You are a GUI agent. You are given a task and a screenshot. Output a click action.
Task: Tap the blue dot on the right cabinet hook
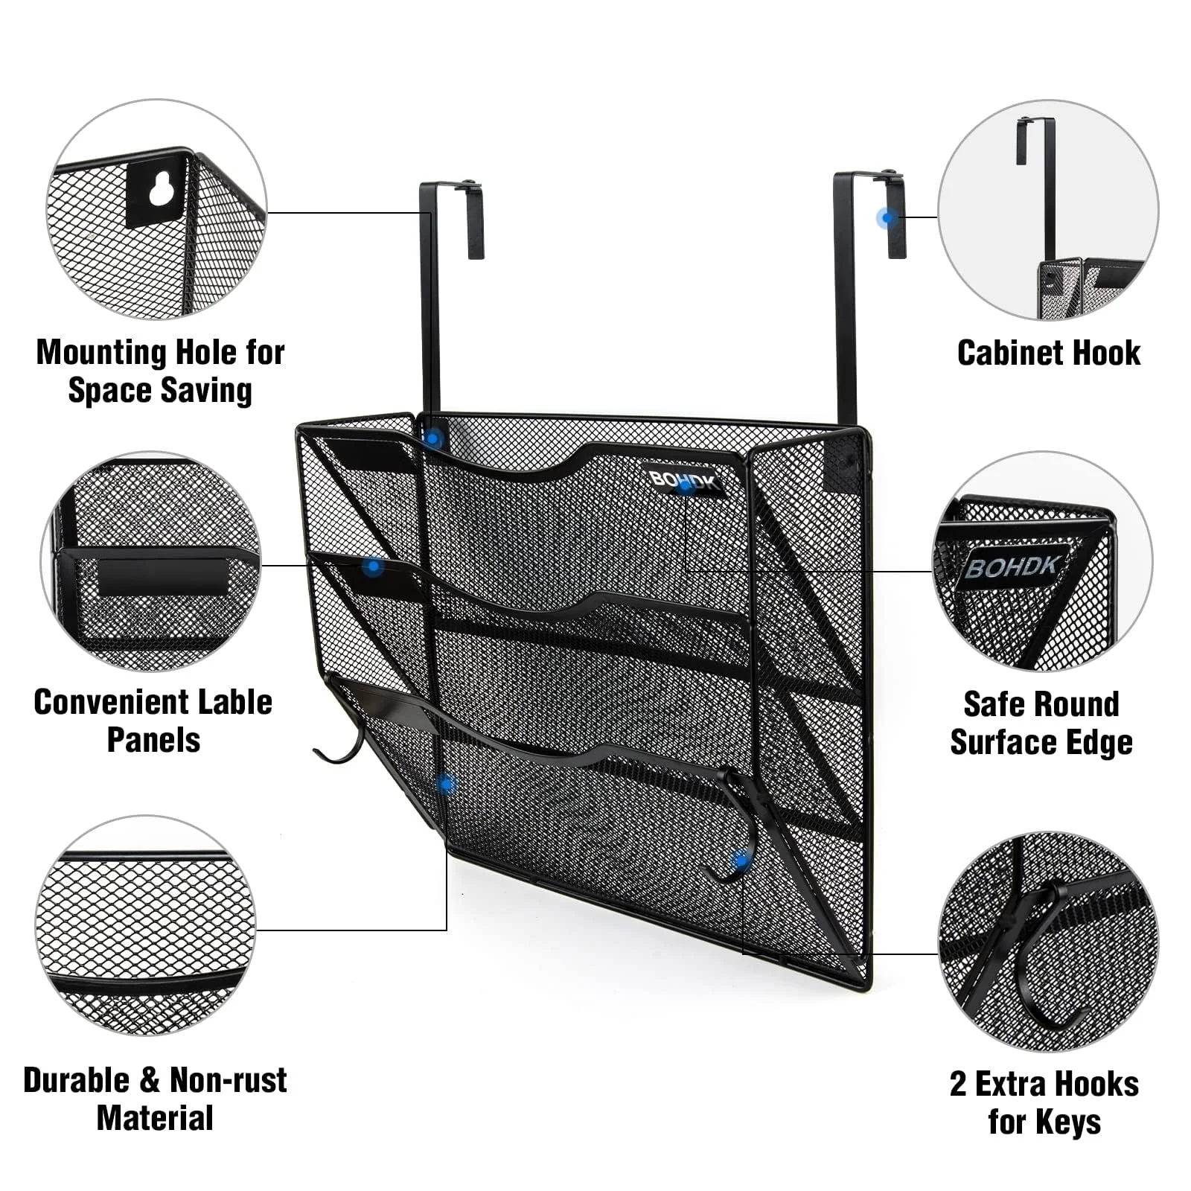click(x=887, y=218)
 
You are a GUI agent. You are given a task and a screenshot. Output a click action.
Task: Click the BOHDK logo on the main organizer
click(x=682, y=481)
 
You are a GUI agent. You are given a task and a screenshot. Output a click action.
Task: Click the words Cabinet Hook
click(x=1048, y=354)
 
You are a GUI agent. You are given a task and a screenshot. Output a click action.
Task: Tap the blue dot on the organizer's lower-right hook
click(x=741, y=861)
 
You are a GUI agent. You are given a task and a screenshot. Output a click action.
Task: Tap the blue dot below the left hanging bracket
click(x=432, y=439)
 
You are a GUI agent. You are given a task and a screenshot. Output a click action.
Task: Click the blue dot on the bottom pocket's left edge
click(x=446, y=783)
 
